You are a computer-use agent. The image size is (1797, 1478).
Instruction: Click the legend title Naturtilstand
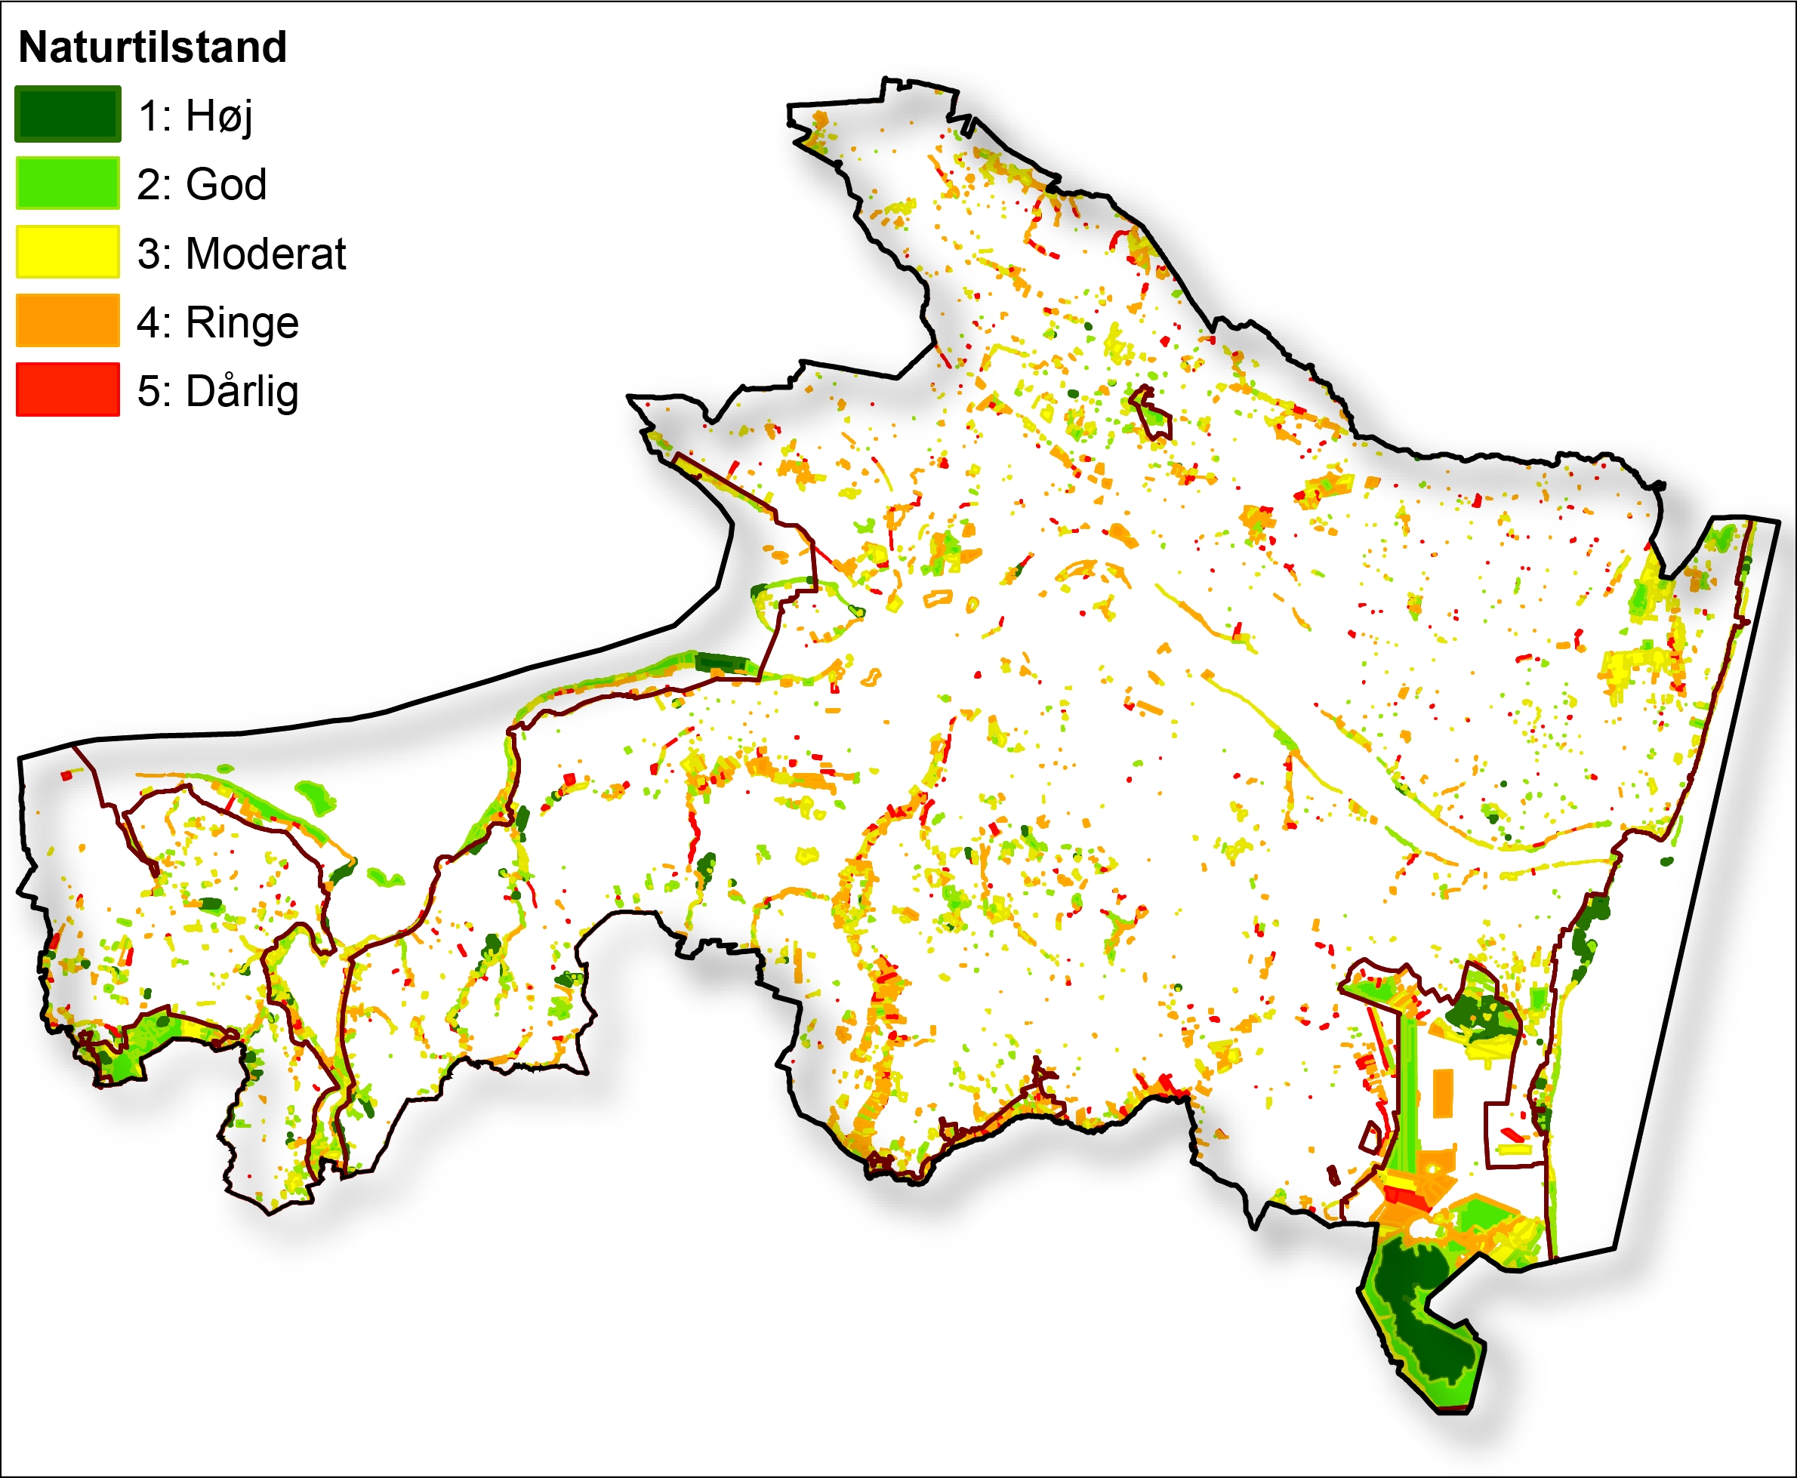point(153,47)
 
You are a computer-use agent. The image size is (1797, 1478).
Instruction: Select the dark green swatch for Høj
point(67,114)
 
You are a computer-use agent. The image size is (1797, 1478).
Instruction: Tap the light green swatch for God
point(67,183)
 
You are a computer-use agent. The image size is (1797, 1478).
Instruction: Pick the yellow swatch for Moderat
point(67,252)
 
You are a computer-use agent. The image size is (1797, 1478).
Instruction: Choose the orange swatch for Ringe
point(67,321)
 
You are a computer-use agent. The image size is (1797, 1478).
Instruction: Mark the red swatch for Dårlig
point(67,390)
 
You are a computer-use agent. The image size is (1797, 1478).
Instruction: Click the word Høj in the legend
point(219,115)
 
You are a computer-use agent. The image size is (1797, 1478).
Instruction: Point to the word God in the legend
point(226,185)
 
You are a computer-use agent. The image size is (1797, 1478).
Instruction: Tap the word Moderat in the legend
point(266,254)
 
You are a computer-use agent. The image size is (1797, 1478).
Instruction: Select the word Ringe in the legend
point(242,322)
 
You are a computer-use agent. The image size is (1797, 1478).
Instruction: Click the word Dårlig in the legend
point(242,392)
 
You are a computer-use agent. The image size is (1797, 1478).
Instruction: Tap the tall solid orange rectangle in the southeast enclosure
point(1442,1093)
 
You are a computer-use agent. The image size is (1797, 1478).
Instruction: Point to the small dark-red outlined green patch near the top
point(1151,414)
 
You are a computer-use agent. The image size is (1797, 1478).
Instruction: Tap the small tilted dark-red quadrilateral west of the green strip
point(1371,1138)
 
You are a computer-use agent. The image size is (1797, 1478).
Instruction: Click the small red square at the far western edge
point(66,775)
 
